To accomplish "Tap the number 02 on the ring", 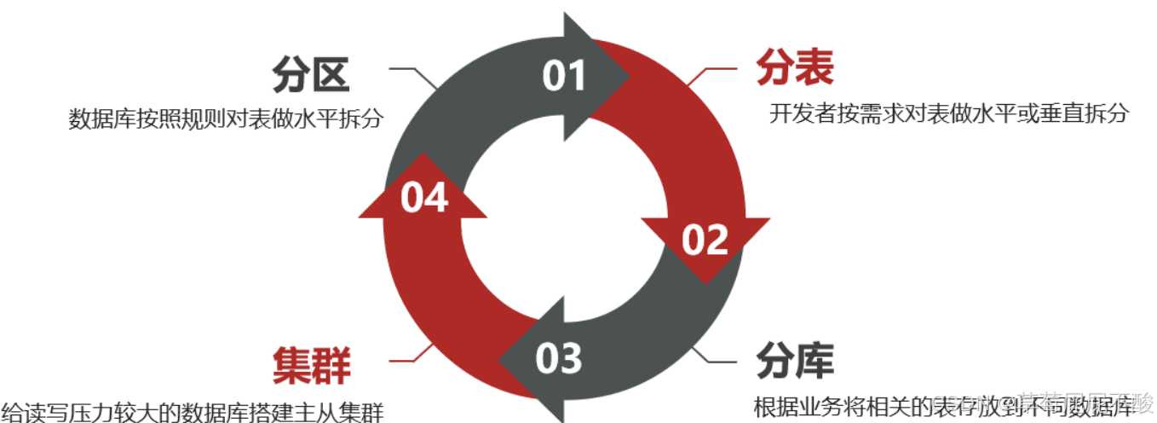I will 705,240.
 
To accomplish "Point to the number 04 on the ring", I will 424,198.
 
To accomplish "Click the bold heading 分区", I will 311,74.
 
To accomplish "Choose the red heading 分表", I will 795,67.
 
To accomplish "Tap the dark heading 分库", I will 794,362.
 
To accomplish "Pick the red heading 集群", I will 312,366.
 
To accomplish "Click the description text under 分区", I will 225,119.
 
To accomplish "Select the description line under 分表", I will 949,113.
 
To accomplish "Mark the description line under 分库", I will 946,405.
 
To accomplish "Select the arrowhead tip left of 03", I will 503,359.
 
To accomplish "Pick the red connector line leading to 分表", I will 711,68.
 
